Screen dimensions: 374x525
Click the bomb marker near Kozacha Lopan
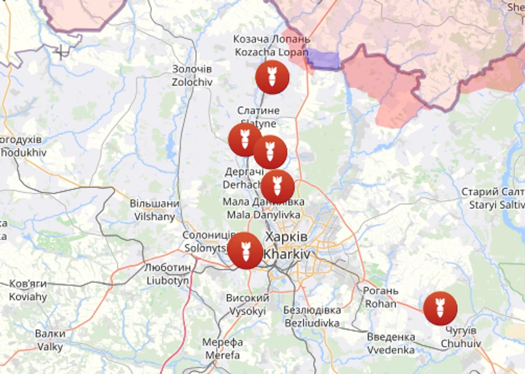(272, 77)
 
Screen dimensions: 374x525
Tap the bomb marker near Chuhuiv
(440, 308)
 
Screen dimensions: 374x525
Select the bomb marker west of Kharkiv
(245, 250)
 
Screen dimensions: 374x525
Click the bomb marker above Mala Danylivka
(278, 186)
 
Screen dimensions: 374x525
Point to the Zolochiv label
(192, 75)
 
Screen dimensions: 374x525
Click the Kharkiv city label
(285, 245)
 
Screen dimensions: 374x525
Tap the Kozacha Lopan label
(271, 45)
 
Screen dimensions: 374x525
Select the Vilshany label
(154, 210)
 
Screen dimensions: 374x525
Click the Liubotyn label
(168, 274)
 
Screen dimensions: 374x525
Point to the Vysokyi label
(247, 305)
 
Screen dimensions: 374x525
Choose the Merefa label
(222, 348)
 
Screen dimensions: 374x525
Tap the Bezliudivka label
(312, 317)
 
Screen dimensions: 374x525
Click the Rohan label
(381, 298)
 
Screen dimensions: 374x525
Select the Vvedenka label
(391, 343)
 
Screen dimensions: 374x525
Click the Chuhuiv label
(460, 337)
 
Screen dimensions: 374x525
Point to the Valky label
(50, 340)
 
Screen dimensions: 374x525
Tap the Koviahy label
(28, 290)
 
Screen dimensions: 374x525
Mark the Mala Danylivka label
(264, 208)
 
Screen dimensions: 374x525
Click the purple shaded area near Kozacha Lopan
(323, 59)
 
